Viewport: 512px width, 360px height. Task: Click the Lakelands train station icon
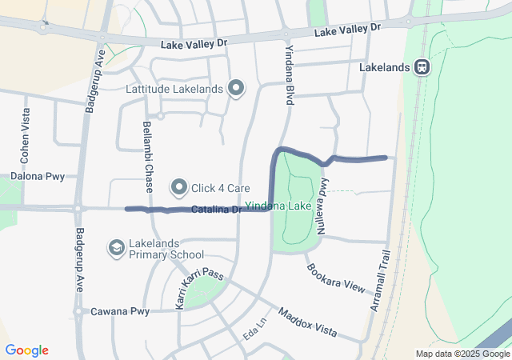[421, 68]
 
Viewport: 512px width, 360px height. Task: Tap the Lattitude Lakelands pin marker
[236, 89]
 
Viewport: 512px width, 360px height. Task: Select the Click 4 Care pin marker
[178, 188]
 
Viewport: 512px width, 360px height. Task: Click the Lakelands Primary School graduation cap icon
[116, 249]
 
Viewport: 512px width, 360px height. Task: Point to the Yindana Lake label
[278, 206]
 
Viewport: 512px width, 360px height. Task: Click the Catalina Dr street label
[215, 210]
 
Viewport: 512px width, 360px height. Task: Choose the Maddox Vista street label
[307, 322]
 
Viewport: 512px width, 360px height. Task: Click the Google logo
[26, 350]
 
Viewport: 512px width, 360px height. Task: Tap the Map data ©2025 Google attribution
[462, 354]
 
